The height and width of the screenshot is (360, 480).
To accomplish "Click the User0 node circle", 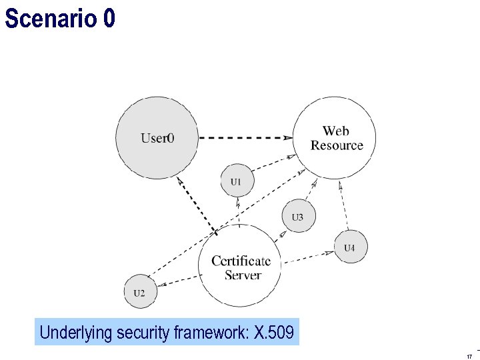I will [x=157, y=138].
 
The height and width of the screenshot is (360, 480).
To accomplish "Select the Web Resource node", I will [x=335, y=138].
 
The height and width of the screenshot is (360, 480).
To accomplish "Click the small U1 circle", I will [x=237, y=181].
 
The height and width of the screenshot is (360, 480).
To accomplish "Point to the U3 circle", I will [x=297, y=217].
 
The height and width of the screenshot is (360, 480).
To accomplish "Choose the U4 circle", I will [x=350, y=247].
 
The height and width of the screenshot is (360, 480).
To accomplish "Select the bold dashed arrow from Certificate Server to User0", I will [x=197, y=206].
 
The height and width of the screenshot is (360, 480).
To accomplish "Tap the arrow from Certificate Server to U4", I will [x=307, y=255].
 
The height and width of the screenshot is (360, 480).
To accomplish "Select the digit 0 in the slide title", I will [x=109, y=19].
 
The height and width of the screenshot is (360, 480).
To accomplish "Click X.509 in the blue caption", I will [x=274, y=332].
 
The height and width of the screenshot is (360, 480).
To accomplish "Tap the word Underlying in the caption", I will [x=75, y=332].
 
